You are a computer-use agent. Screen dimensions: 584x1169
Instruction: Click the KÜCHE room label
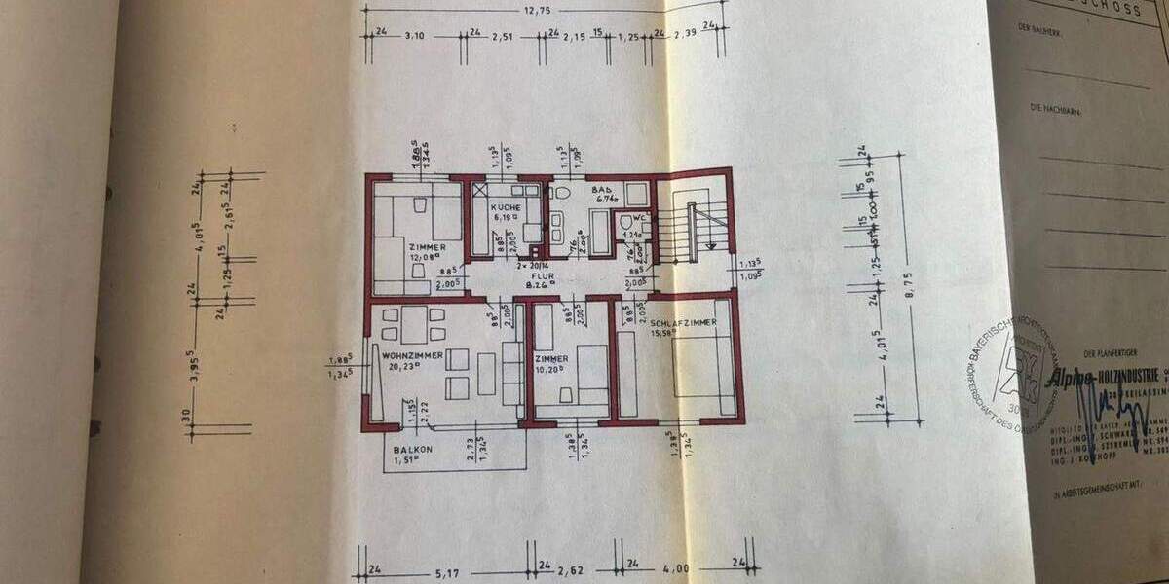[506, 207]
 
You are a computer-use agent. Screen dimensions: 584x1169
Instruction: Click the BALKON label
[413, 450]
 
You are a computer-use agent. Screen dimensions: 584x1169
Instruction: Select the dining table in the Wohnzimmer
[416, 324]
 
